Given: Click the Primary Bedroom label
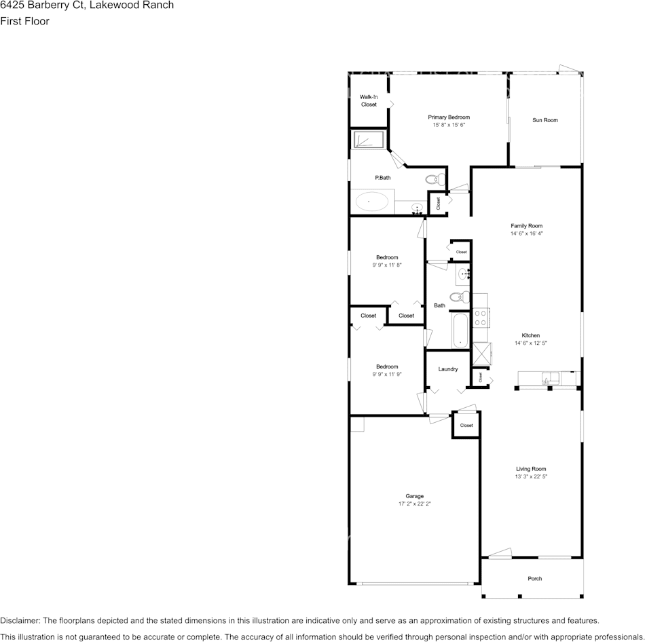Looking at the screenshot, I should coord(449,117).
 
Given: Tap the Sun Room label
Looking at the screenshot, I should coord(545,120).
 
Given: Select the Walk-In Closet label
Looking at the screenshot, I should coord(369,101).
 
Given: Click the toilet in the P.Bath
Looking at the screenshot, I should coord(435,180).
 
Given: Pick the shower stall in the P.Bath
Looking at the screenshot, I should coord(367,140).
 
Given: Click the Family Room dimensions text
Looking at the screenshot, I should coord(526,233).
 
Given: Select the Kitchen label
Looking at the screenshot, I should coord(530,335).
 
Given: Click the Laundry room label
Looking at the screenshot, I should coord(448,369).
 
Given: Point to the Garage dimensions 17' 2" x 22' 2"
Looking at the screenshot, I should coord(415,504).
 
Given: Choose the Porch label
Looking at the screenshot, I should coord(535,579).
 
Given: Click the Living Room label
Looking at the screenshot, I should coord(531,469).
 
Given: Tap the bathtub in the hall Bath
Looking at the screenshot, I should coord(460,331).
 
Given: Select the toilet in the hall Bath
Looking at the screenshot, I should coord(460,296).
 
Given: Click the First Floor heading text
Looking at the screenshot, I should coord(24,21).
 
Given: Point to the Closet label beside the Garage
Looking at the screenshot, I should coord(466,426).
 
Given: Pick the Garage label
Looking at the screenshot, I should coord(415,496).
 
